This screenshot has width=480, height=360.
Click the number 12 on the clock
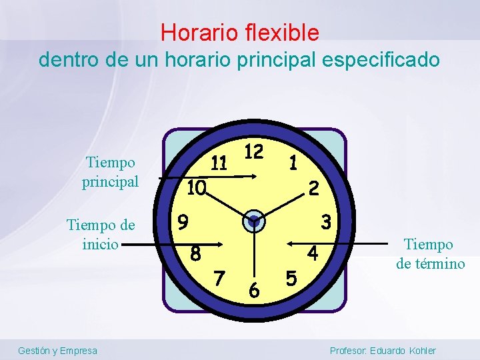(253, 151)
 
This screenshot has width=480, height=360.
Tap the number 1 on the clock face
(293, 161)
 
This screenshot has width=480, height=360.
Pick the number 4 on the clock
(312, 253)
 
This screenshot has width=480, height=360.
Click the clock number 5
(290, 275)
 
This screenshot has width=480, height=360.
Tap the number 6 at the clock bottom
(254, 290)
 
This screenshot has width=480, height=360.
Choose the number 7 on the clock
(219, 275)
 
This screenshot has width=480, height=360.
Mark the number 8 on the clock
(195, 253)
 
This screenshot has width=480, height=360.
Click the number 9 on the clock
(183, 220)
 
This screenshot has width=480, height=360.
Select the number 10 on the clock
(196, 188)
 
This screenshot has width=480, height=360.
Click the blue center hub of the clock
(254, 221)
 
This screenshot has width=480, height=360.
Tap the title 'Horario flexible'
(240, 32)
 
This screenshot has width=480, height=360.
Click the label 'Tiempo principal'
(110, 172)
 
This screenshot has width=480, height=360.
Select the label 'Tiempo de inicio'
(101, 235)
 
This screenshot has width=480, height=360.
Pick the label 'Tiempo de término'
(430, 254)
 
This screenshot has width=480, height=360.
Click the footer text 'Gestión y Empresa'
(57, 351)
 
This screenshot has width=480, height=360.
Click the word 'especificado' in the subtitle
(381, 59)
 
